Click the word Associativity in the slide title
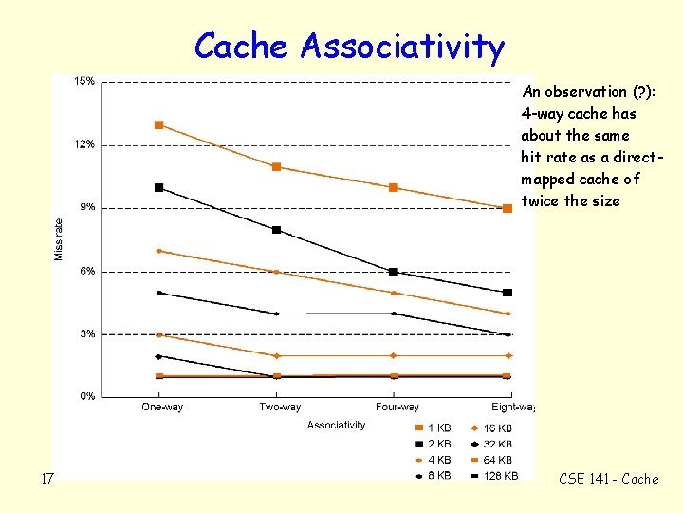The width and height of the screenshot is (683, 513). click(x=403, y=46)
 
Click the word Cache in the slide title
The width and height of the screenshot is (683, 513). click(x=244, y=46)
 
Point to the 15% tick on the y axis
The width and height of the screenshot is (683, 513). click(x=84, y=82)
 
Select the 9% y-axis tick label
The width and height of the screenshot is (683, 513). click(x=86, y=207)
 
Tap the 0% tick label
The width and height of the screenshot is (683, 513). click(x=86, y=396)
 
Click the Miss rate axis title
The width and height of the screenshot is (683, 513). click(x=59, y=238)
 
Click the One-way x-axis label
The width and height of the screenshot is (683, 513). click(x=162, y=408)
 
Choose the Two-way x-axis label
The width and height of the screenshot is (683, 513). click(x=279, y=408)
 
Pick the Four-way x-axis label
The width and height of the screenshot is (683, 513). click(x=397, y=408)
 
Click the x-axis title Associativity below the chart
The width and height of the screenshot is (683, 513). click(x=336, y=425)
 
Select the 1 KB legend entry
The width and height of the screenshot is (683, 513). click(x=438, y=428)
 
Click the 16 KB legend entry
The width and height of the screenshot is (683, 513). click(x=497, y=428)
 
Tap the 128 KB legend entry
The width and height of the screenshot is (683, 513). click(x=500, y=475)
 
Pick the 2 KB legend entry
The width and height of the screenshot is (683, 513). click(x=438, y=444)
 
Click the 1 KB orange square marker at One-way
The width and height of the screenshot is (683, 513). click(x=159, y=125)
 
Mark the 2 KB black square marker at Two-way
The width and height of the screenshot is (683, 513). click(x=277, y=230)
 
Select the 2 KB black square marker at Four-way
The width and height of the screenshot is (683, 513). click(x=394, y=273)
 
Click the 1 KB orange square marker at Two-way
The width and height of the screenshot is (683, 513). click(x=277, y=167)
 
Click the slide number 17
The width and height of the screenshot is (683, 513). click(x=47, y=479)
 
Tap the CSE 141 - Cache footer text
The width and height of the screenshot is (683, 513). click(x=607, y=479)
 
